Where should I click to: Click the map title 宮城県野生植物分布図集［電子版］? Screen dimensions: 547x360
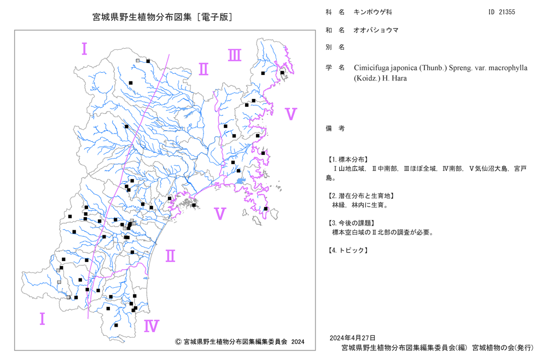[162, 17]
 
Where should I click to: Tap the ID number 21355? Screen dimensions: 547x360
[507, 12]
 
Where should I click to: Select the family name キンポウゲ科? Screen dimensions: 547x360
[373, 12]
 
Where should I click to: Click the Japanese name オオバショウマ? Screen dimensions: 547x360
[376, 30]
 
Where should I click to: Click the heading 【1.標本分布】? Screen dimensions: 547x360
[347, 159]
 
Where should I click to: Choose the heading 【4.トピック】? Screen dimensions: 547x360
[347, 250]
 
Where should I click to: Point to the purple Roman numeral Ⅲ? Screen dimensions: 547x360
[235, 55]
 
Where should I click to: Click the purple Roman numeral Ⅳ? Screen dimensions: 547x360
[152, 326]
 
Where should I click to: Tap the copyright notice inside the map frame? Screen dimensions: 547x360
[240, 341]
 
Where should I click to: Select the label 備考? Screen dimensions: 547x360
[335, 129]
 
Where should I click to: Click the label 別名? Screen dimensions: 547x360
[335, 47]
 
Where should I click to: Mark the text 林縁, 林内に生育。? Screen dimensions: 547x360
[360, 205]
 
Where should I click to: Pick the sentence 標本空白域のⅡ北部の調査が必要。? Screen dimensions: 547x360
[383, 233]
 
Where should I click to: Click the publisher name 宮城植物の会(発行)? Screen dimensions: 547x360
[503, 347]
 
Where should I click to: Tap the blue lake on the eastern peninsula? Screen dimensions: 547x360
[240, 181]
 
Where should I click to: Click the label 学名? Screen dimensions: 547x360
[335, 68]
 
